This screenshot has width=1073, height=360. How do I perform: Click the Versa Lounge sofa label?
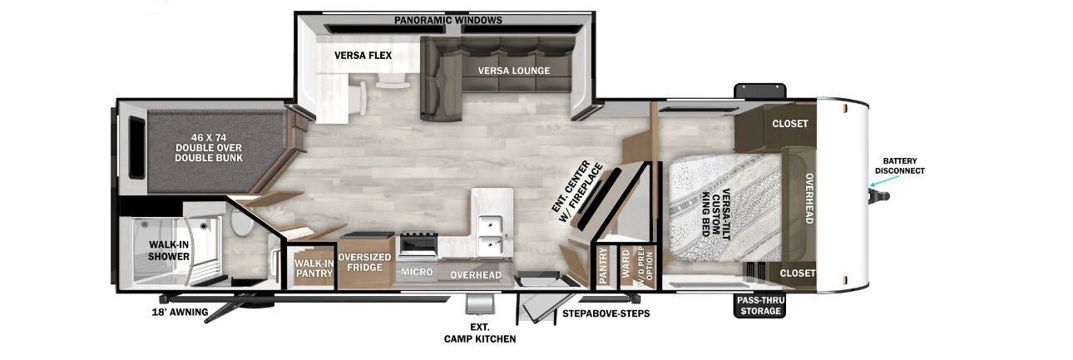click(x=513, y=71)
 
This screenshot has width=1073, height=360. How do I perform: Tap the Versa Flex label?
click(x=363, y=56)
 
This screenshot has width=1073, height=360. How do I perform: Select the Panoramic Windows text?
click(x=448, y=20)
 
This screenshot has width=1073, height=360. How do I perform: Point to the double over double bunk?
click(x=210, y=151)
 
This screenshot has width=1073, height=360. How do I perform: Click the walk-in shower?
click(x=169, y=251)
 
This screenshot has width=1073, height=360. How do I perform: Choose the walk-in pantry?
click(x=314, y=267)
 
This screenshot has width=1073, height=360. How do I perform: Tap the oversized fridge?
click(x=365, y=261)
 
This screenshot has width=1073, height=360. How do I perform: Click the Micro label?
click(x=417, y=272)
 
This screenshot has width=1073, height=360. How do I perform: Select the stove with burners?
click(x=418, y=244)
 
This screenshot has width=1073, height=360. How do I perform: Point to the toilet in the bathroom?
click(x=243, y=222)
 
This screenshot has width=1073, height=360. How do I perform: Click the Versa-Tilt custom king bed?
click(x=725, y=211)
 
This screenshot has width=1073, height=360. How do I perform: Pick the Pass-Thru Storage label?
click(x=760, y=305)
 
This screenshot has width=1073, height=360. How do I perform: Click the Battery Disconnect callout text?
click(x=900, y=165)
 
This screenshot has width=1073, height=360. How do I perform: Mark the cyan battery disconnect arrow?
click(x=885, y=180)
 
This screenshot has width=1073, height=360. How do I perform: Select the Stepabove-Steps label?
click(x=606, y=313)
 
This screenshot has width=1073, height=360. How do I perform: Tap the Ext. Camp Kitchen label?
click(x=480, y=333)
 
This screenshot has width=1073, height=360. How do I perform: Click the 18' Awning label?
click(x=180, y=312)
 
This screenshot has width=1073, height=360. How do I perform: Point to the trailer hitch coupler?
click(x=880, y=196)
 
